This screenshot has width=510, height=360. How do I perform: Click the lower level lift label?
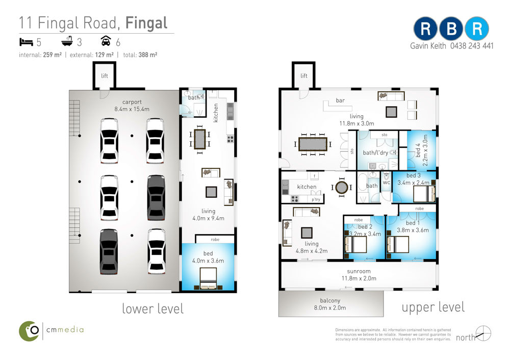pyautogui.click(x=105, y=76)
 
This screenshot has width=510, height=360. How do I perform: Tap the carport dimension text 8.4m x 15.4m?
pyautogui.click(x=132, y=109)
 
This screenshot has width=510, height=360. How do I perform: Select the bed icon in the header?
pyautogui.click(x=27, y=42)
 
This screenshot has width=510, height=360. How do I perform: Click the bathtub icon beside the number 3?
pyautogui.click(x=67, y=41)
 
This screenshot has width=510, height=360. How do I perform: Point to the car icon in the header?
pyautogui.click(x=106, y=41)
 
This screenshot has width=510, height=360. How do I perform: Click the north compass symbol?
pyautogui.click(x=483, y=333)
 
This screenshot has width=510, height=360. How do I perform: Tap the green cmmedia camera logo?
pyautogui.click(x=29, y=331)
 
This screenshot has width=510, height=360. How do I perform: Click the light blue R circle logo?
pyautogui.click(x=477, y=29)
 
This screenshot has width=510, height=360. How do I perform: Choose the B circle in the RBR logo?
pyautogui.click(x=451, y=29)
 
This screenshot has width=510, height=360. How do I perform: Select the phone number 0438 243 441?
pyautogui.click(x=472, y=46)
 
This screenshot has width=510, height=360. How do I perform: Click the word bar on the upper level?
pyautogui.click(x=340, y=100)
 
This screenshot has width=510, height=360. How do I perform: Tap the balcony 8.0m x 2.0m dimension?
pyautogui.click(x=330, y=307)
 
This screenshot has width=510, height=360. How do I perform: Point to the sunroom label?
pyautogui.click(x=359, y=271)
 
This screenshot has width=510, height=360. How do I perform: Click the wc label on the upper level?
pyautogui.click(x=386, y=183)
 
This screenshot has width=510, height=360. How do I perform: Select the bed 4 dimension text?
pyautogui.click(x=425, y=150)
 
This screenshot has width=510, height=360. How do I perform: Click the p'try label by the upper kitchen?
pyautogui.click(x=316, y=199)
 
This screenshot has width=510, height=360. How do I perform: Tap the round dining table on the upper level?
pyautogui.click(x=342, y=187)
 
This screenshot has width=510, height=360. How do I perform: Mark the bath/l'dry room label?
pyautogui.click(x=375, y=152)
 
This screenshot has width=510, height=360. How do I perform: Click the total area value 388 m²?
pyautogui.click(x=148, y=55)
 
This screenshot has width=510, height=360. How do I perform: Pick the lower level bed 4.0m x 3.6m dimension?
pyautogui.click(x=208, y=261)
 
